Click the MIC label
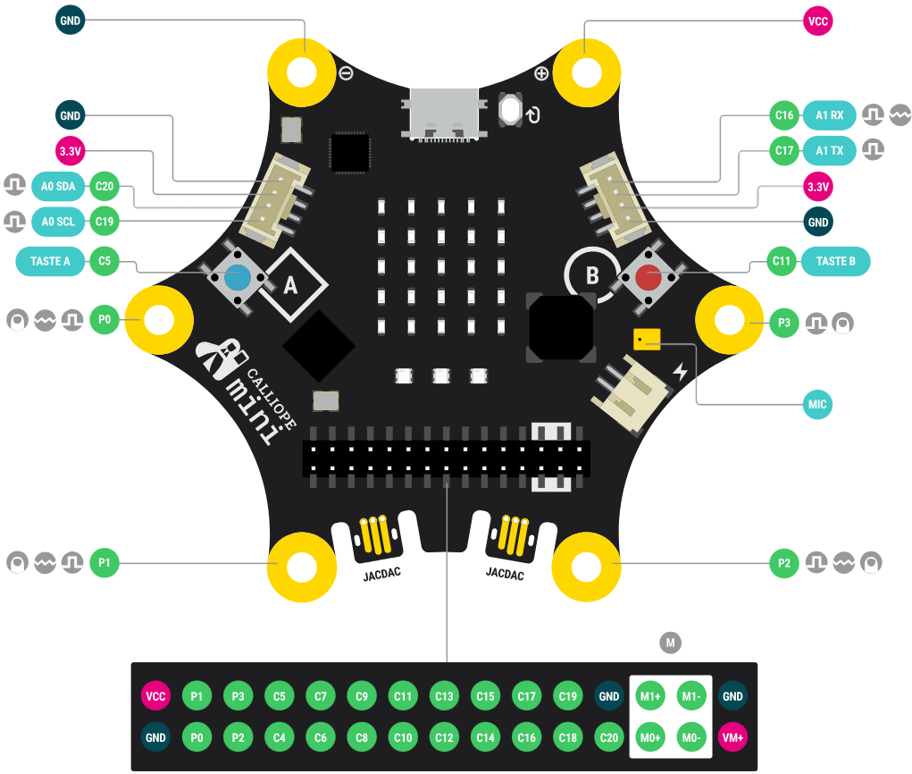point(817,405)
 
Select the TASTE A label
point(51,261)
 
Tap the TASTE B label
point(835,261)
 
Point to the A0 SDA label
point(59,186)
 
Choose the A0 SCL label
point(59,220)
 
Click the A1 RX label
point(829,115)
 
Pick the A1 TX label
point(829,151)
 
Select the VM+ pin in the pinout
point(732,737)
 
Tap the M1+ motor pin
point(650,696)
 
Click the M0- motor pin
point(691,737)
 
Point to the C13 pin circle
point(444,696)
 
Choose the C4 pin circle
point(280,737)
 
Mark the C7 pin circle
point(321,696)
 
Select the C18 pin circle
point(567,737)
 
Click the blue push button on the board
point(237,277)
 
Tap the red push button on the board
point(648,277)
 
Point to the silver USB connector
point(443,114)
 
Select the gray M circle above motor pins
point(670,641)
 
